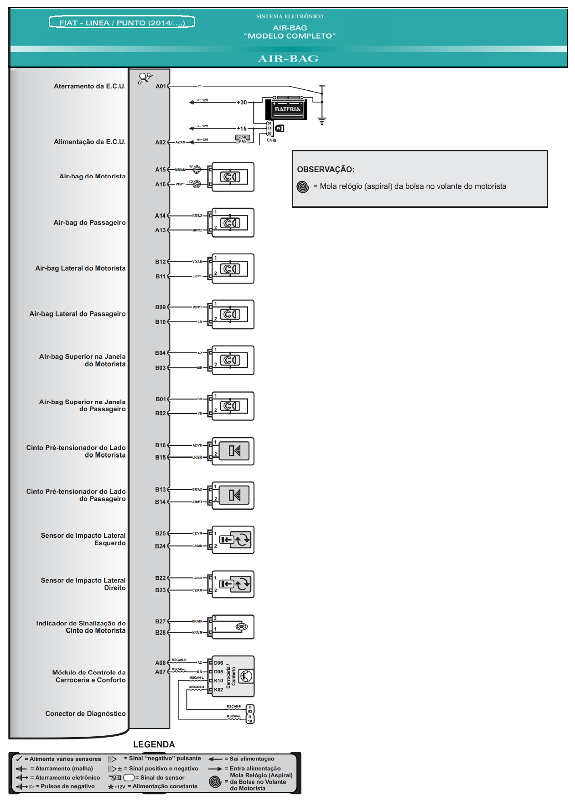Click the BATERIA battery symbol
pos(287,108)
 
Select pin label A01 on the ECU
pos(161,86)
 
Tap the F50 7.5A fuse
pos(242,138)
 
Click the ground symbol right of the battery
pos(322,121)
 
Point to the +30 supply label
pos(242,103)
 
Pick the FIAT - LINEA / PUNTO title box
pos(122,22)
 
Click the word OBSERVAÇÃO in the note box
pos(326,170)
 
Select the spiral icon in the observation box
pos(303,186)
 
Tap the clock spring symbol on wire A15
pos(197,170)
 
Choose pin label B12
pos(161,262)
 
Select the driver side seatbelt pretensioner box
pos(233,451)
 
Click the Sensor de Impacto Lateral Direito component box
pos(233,584)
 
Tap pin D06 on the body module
pos(218,663)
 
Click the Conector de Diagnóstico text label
pos(85,713)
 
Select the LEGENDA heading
pos(154,744)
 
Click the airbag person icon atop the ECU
pos(145,78)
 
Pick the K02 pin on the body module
pos(218,690)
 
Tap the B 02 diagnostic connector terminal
pos(250,709)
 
